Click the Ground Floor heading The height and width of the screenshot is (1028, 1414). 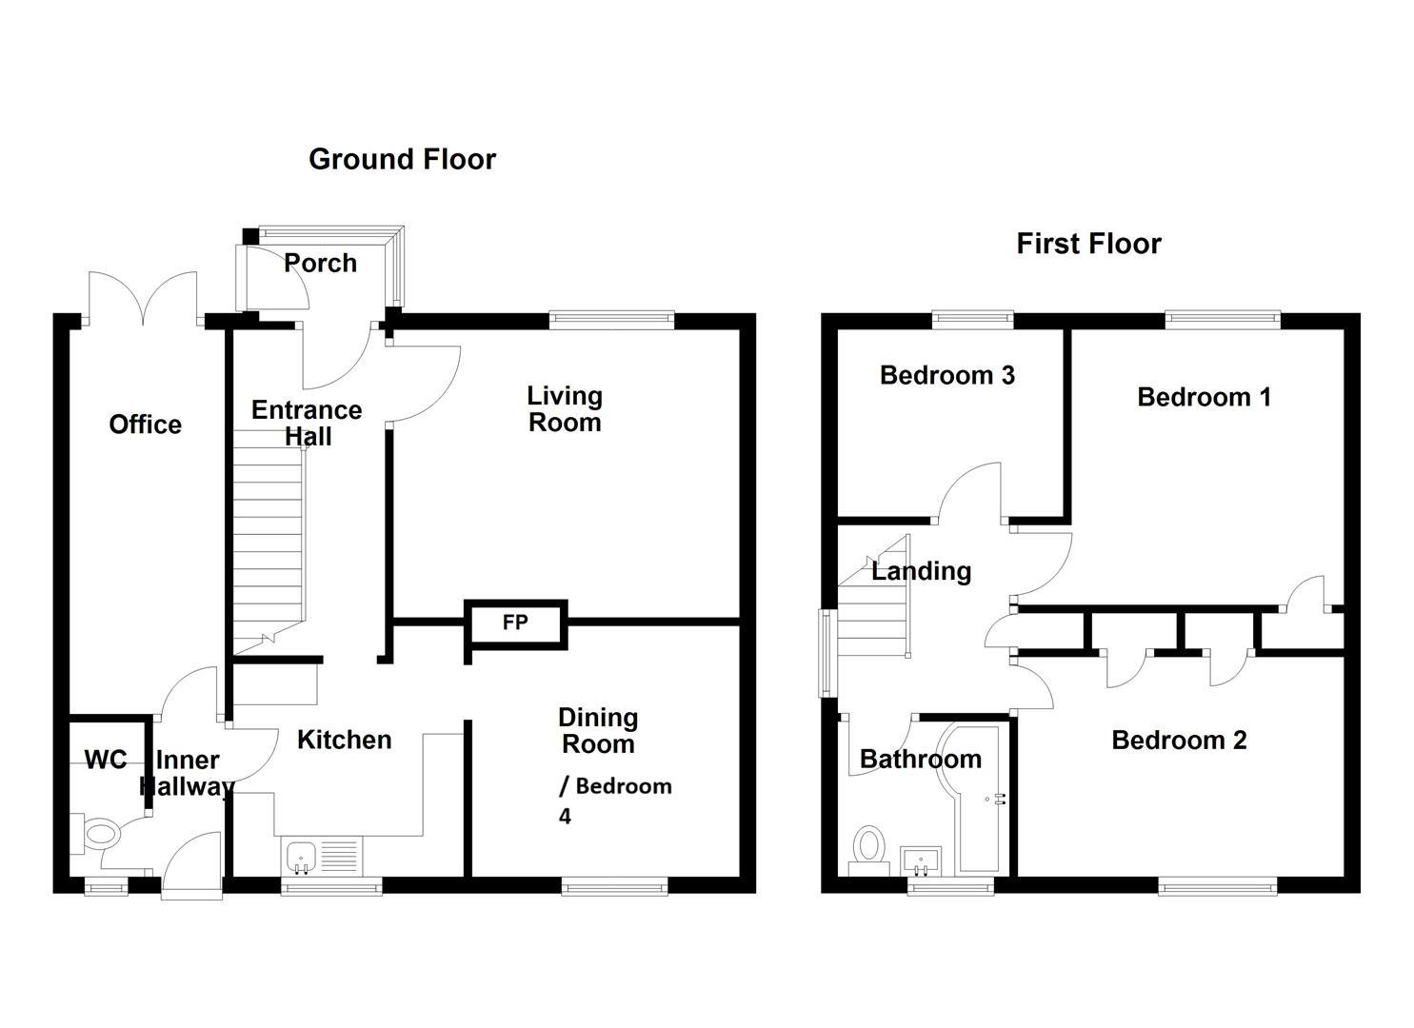(x=402, y=159)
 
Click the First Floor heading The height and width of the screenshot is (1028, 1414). (x=1088, y=244)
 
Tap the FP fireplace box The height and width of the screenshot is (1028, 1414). (x=515, y=623)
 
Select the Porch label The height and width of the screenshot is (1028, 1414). (x=320, y=263)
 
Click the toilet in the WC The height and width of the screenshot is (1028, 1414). (x=98, y=835)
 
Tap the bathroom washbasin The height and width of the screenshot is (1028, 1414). (x=922, y=860)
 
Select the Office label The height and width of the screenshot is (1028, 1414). (x=145, y=425)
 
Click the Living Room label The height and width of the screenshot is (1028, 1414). (x=565, y=409)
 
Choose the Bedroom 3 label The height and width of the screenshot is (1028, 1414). (x=946, y=375)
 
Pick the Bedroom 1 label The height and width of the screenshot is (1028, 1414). (x=1204, y=397)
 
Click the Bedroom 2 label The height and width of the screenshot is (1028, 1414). (x=1179, y=741)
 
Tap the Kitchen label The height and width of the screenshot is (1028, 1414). (x=344, y=740)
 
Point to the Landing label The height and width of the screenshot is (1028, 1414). (x=921, y=571)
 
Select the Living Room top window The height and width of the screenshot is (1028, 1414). (x=611, y=319)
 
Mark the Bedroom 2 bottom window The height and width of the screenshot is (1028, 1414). (x=1218, y=887)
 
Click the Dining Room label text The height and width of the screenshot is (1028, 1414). (x=598, y=731)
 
